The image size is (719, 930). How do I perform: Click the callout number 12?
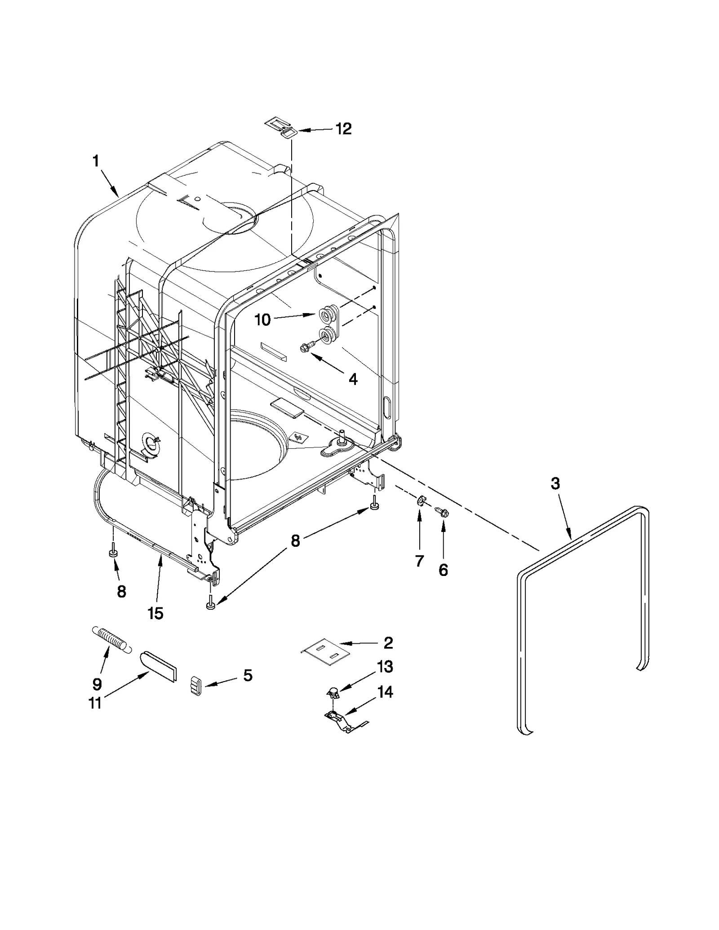pos(343,129)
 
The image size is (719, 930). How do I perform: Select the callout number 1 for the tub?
pos(95,161)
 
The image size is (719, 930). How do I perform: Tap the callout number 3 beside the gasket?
pos(555,484)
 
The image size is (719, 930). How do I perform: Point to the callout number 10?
pos(262,320)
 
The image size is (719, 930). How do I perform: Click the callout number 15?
pos(155,613)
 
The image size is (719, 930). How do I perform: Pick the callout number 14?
pos(385,692)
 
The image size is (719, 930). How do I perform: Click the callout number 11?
pos(95,703)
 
